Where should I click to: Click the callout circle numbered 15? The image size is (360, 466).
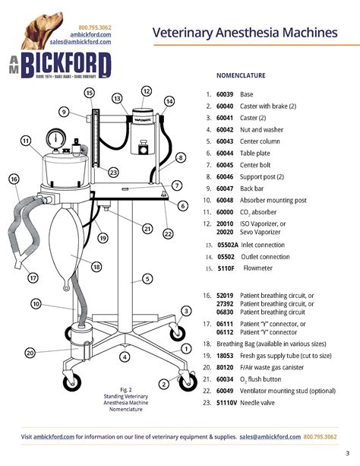pyautogui.click(x=89, y=93)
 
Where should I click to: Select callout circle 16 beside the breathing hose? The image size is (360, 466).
pyautogui.click(x=14, y=179)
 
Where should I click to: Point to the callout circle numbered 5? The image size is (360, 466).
pyautogui.click(x=146, y=279)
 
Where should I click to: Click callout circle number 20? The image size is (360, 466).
pyautogui.click(x=30, y=352)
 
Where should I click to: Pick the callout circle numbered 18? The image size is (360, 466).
pyautogui.click(x=96, y=267)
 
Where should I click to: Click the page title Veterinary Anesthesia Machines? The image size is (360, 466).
pyautogui.click(x=245, y=33)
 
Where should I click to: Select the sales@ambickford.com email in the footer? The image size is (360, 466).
pyautogui.click(x=269, y=437)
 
